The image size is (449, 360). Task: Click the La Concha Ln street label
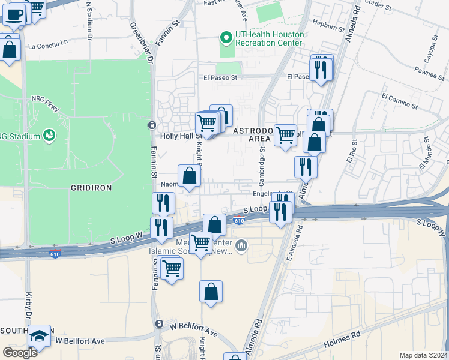point(49,45)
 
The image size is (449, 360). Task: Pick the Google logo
point(20,352)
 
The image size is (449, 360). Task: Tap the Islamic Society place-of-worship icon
point(241,245)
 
